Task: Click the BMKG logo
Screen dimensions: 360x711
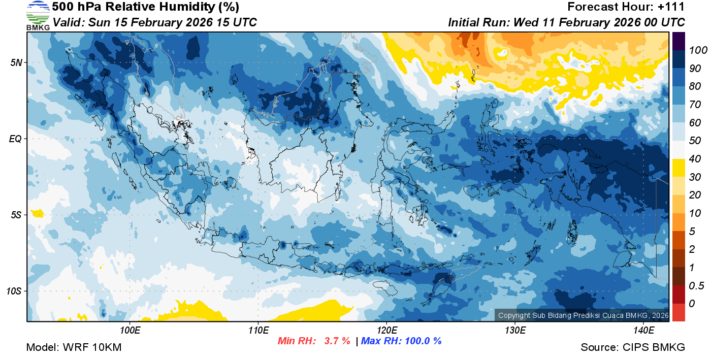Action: (x=38, y=16)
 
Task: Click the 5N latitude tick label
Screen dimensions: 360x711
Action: (x=16, y=62)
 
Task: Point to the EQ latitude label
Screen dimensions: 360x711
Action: (x=15, y=139)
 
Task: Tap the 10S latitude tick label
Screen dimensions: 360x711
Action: (x=14, y=291)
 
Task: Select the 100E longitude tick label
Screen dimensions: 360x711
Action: (x=130, y=331)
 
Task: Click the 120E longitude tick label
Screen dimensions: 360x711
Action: (x=386, y=331)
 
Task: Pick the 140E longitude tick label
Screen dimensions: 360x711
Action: (x=643, y=331)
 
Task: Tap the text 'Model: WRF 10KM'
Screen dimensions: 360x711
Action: (x=74, y=347)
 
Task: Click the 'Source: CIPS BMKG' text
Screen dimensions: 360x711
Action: (x=633, y=347)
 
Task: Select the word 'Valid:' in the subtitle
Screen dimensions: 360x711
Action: (x=69, y=22)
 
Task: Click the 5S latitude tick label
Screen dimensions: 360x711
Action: (x=16, y=215)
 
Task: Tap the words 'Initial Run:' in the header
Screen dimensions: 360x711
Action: (x=479, y=22)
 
